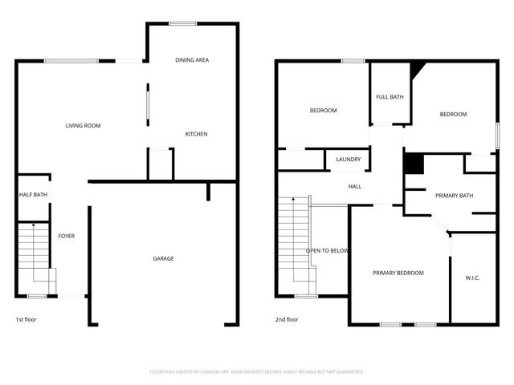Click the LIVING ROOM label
tap(83, 126)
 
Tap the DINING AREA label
tap(193, 60)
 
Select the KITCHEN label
tap(196, 134)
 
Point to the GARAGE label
tap(164, 258)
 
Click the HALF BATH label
tap(33, 195)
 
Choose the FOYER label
tap(67, 236)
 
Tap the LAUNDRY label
tap(348, 160)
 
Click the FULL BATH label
tap(390, 97)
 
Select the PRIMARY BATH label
tap(454, 196)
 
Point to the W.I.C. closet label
tap(472, 278)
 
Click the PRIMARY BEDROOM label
tap(398, 273)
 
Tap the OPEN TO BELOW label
tap(327, 251)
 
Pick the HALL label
tap(354, 187)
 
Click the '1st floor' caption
tap(26, 319)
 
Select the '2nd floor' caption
tap(287, 319)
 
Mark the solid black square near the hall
tap(413, 163)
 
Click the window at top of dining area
tap(183, 23)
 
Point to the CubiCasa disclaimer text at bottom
tap(257, 371)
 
